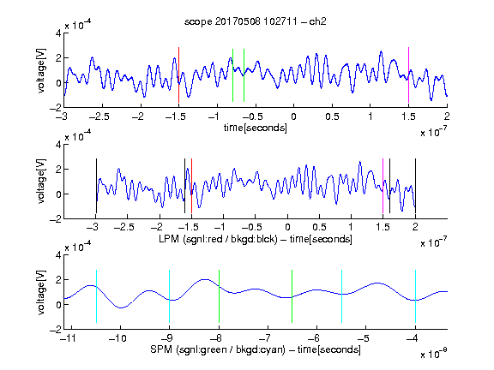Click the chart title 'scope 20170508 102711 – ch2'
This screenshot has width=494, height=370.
(256, 21)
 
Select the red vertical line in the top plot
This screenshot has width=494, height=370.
(178, 75)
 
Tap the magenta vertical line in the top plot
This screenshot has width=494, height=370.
(408, 75)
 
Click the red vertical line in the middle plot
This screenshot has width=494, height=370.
(191, 186)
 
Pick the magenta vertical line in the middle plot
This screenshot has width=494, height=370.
(383, 186)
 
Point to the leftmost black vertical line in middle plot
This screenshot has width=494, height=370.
(96, 186)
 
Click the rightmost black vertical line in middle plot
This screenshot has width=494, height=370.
(415, 186)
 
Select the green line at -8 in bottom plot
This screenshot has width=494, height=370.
(219, 296)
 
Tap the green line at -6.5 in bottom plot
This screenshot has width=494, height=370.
(292, 296)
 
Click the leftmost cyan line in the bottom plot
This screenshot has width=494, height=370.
(96, 296)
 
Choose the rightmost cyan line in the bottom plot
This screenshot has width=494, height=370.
(416, 296)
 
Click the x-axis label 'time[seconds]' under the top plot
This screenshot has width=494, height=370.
(256, 128)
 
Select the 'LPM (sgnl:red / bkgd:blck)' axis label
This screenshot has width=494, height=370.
(218, 239)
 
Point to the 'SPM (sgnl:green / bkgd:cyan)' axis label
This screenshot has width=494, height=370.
(218, 349)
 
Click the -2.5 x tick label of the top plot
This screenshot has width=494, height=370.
(99, 116)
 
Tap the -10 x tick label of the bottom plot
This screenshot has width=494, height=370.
(117, 338)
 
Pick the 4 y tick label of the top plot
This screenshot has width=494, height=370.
(58, 33)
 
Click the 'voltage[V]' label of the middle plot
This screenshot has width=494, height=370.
(41, 182)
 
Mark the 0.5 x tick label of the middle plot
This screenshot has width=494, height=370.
(319, 227)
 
